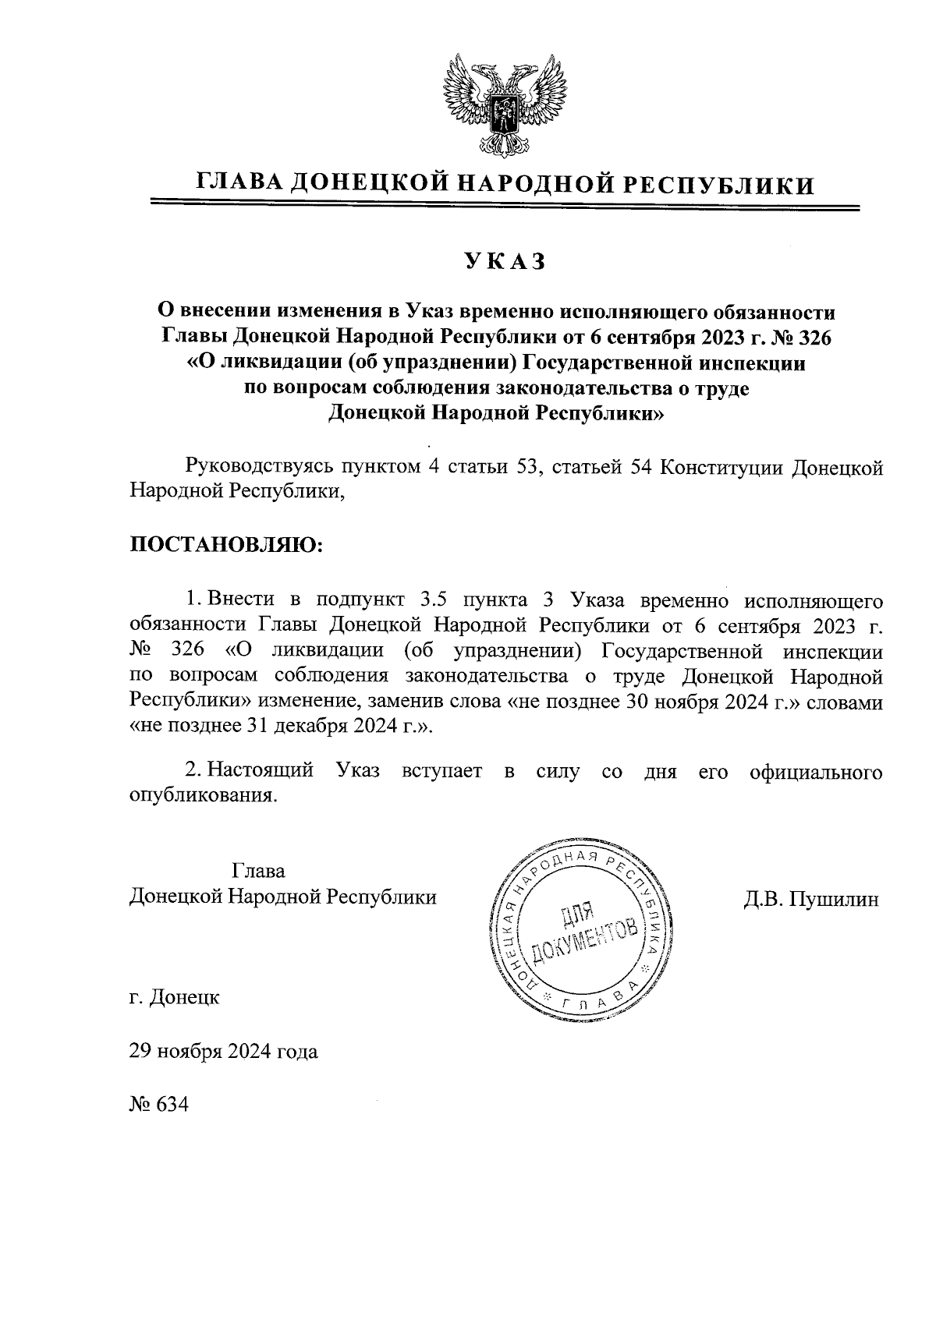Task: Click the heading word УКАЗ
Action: [x=503, y=262]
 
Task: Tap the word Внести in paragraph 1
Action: [x=242, y=600]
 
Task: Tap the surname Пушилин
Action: [x=834, y=899]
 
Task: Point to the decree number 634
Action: [x=172, y=1105]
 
